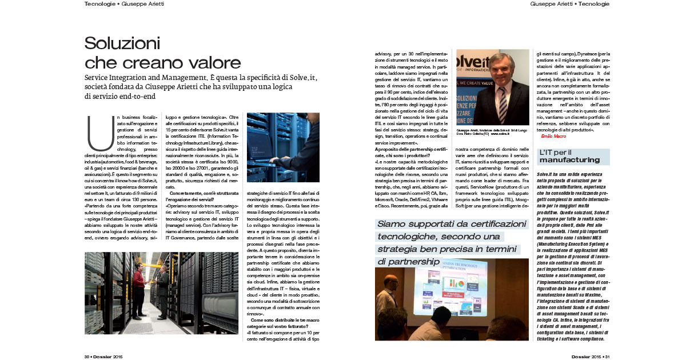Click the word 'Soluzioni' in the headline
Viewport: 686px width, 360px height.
122,43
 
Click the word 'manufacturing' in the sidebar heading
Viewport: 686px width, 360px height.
569,159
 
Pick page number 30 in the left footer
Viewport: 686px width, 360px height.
87,355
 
